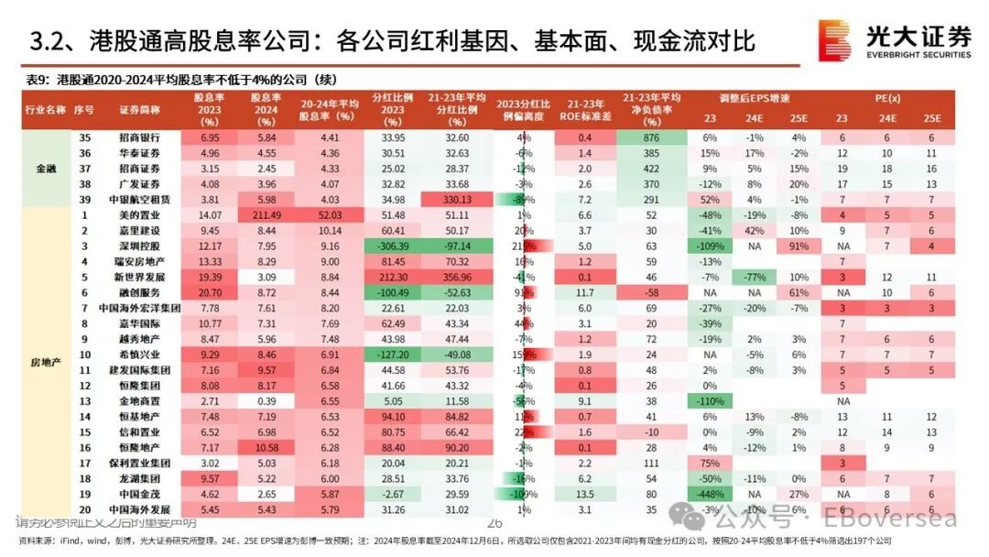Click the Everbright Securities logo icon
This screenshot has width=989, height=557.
coord(834,39)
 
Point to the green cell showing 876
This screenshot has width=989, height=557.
coord(652,137)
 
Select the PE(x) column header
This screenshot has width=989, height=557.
coord(887,98)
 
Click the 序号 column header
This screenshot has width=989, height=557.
coord(84,109)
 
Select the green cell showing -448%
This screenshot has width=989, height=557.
coord(711,494)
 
